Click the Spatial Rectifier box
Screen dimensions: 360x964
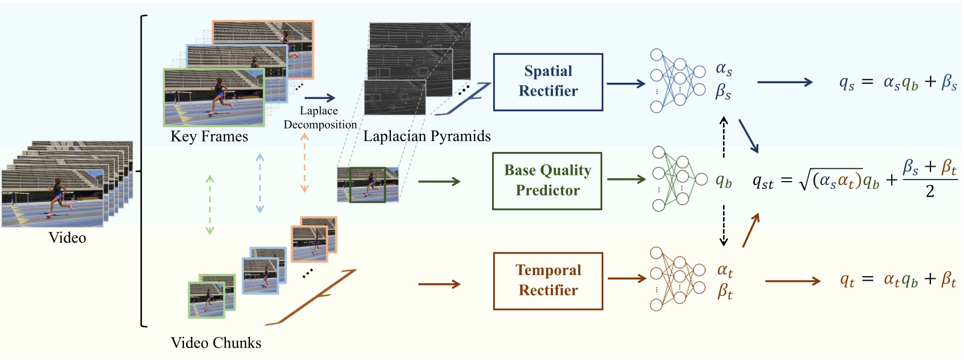click(x=548, y=82)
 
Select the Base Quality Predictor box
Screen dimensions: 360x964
click(x=547, y=181)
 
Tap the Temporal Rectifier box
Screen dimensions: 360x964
click(x=548, y=281)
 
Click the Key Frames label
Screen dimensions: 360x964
click(x=209, y=136)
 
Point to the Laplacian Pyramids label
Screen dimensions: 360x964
click(x=427, y=136)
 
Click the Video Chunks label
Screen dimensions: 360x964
click(x=216, y=343)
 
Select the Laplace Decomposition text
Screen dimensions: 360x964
click(x=320, y=118)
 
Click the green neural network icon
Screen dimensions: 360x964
click(x=678, y=179)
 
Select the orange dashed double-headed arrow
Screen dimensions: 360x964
click(x=305, y=163)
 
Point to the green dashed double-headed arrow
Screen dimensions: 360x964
click(x=210, y=205)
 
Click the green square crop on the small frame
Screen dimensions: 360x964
click(x=367, y=184)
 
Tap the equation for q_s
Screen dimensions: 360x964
click(x=897, y=83)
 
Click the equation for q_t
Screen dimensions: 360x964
click(x=897, y=280)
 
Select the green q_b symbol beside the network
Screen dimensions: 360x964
click(x=724, y=181)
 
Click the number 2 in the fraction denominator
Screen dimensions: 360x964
click(x=930, y=192)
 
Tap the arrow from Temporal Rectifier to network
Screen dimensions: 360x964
click(x=627, y=278)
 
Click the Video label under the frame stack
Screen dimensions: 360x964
click(x=67, y=238)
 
